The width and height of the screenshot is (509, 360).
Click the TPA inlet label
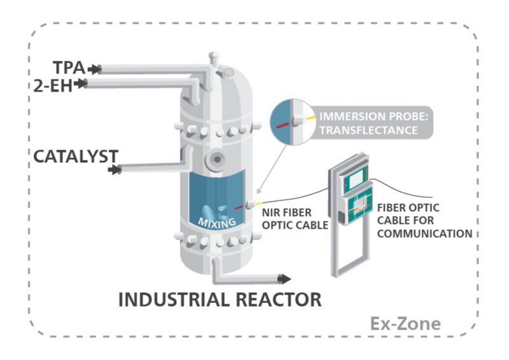[69, 68]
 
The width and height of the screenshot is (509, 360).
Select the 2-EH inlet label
[53, 85]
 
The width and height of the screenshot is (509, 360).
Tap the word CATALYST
[76, 156]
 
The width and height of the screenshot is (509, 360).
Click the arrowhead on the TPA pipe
[94, 69]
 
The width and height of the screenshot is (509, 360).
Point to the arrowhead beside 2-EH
[80, 84]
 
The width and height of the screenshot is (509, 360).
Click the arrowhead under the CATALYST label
[115, 169]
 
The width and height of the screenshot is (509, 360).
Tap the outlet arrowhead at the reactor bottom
[284, 279]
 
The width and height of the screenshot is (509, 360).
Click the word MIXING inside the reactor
[216, 223]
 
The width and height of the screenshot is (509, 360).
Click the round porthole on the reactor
[216, 160]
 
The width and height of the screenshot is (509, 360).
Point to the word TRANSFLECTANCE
[368, 130]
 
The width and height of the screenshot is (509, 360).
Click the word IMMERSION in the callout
[348, 116]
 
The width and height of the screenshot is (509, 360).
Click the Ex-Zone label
[405, 323]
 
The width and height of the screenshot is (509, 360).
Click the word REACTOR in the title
[279, 300]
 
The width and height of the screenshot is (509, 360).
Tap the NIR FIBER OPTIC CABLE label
[295, 219]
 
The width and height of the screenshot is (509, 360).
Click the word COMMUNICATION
[424, 233]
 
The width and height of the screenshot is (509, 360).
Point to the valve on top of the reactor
[214, 59]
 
